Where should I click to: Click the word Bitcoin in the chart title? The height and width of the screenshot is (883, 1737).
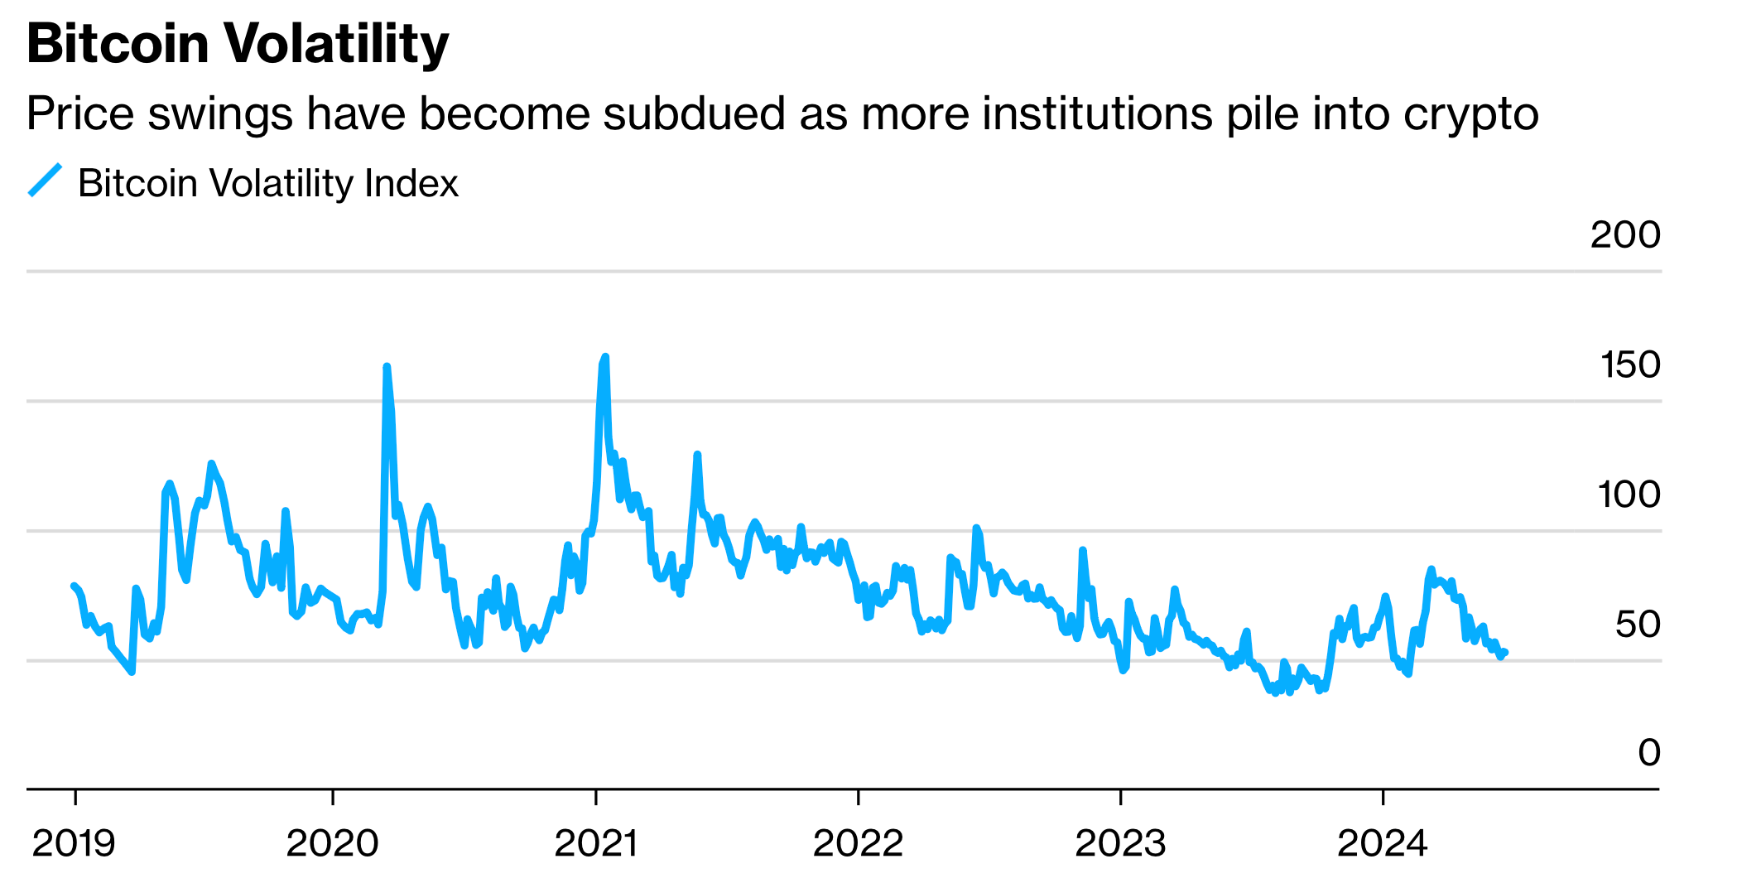tap(117, 43)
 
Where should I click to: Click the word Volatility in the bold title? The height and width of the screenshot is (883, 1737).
tap(335, 43)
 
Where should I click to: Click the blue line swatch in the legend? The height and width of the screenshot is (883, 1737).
tap(46, 181)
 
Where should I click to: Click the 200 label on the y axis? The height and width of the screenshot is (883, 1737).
tap(1624, 235)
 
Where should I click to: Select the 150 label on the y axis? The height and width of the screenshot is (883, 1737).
tap(1629, 365)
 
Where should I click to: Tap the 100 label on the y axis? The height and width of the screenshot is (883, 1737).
tap(1628, 495)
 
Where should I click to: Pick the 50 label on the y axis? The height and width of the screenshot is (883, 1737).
tap(1637, 625)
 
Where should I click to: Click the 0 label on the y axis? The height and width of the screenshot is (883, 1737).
tap(1648, 753)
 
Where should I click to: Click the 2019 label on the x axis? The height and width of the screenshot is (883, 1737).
tap(74, 844)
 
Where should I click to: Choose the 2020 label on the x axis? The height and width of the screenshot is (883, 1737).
tap(332, 844)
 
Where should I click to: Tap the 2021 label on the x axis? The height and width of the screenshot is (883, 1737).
tap(595, 844)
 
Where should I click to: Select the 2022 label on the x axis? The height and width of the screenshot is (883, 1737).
tap(858, 844)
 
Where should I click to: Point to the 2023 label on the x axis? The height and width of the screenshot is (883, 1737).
tap(1120, 844)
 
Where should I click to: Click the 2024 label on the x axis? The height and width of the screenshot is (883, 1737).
tap(1383, 844)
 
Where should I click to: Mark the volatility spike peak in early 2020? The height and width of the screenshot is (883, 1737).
tap(387, 367)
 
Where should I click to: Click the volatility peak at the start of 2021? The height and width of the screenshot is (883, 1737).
tap(605, 357)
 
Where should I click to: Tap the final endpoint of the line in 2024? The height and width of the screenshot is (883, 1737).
tap(1506, 653)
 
